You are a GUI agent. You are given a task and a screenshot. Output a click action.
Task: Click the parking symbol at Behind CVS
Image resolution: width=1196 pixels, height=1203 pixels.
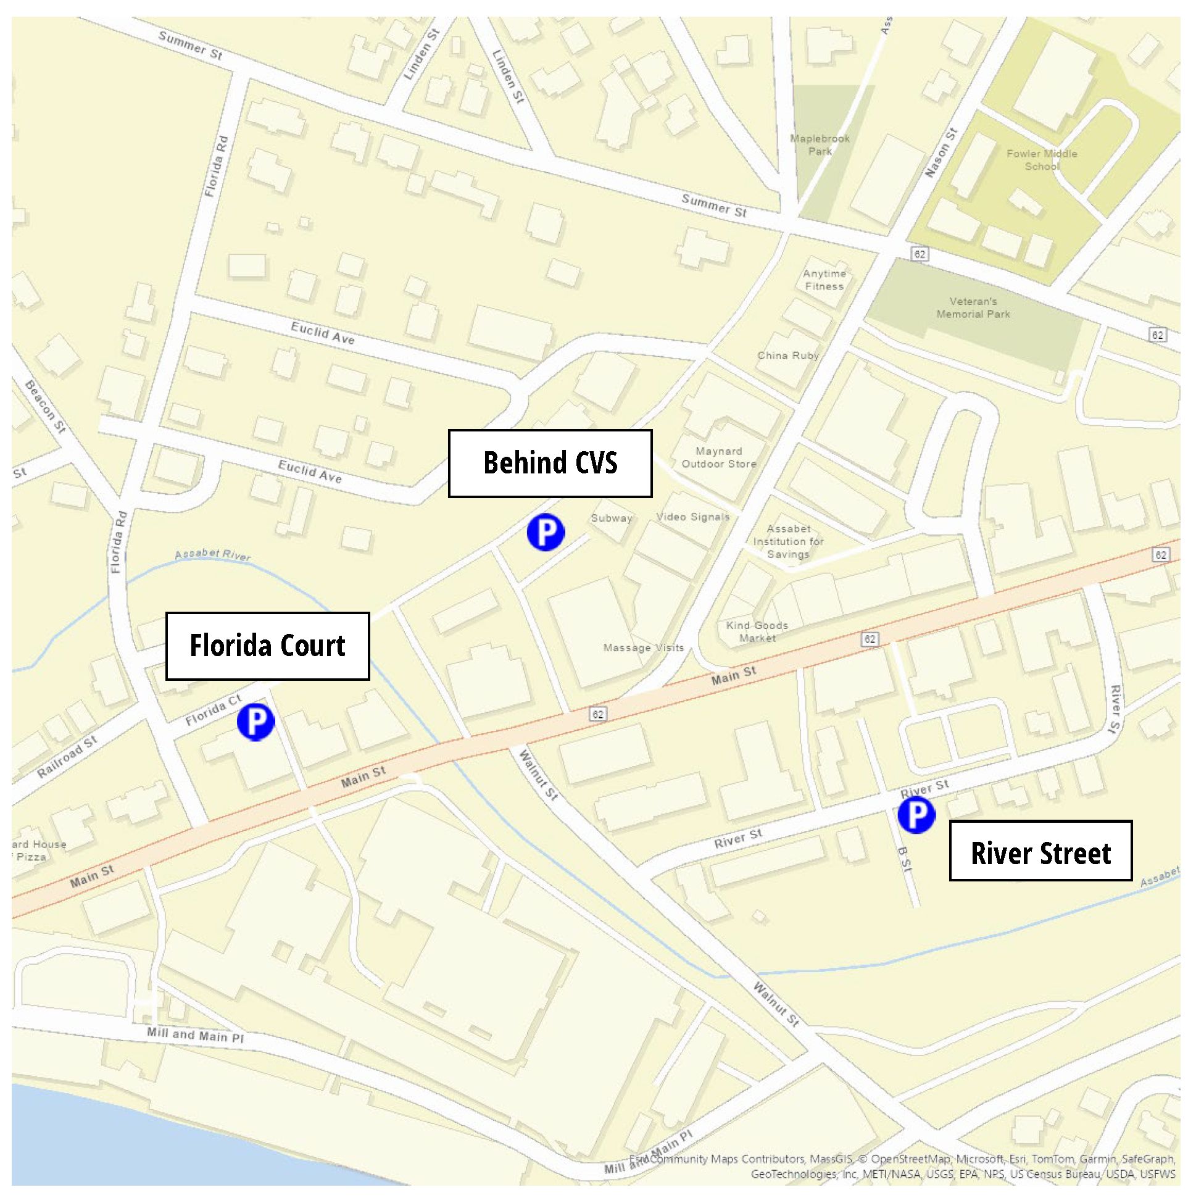[x=546, y=533]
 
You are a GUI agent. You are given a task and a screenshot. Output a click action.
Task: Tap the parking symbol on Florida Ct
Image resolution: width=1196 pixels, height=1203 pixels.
[x=256, y=722]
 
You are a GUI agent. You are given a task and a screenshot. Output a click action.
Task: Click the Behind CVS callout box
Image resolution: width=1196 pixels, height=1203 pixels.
[x=550, y=463]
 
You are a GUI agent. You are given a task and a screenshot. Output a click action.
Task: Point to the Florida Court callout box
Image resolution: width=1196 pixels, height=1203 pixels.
[x=267, y=646]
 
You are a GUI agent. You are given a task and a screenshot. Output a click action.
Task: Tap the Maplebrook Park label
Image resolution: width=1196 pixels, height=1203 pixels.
[x=820, y=144]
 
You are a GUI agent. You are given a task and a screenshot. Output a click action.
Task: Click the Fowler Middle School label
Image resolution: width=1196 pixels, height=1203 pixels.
[x=1041, y=159]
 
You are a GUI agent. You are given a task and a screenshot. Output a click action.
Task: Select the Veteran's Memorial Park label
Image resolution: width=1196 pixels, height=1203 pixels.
[x=973, y=307]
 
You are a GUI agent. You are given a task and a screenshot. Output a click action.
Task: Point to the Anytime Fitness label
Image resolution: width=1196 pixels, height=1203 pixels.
[x=824, y=280]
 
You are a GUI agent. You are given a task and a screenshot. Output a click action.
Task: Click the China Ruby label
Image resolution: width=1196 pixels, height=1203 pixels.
[x=787, y=356]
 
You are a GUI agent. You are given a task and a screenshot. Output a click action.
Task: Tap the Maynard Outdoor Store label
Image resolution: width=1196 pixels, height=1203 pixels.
[x=718, y=457]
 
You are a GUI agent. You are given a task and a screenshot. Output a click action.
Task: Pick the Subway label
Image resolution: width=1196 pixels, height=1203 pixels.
[x=612, y=517]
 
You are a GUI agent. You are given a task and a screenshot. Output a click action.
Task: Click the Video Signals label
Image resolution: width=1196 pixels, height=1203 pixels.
[x=692, y=516]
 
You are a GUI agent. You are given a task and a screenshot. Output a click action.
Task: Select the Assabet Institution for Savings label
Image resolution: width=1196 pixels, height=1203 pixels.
[x=788, y=541]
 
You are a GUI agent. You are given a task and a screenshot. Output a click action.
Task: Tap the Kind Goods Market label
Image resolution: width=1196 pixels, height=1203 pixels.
[x=757, y=631]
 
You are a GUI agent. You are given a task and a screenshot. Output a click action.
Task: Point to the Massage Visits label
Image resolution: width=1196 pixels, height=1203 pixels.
[x=643, y=647]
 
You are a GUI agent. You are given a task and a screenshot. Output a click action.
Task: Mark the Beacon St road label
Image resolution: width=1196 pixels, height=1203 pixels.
[x=45, y=407]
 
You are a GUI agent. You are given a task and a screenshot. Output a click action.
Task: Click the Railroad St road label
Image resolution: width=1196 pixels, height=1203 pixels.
[x=67, y=756]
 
